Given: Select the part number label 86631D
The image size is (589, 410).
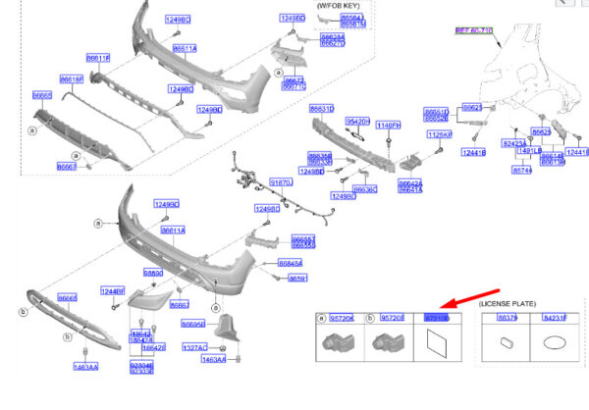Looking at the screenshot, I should (322, 109).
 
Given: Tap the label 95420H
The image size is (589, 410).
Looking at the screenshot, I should (358, 121).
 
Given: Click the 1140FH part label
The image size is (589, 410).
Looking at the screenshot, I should (389, 126).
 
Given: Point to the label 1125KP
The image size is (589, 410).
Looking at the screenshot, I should (439, 134).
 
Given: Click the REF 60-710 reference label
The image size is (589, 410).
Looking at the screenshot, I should (473, 31).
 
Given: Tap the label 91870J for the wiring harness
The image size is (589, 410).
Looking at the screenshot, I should (281, 182).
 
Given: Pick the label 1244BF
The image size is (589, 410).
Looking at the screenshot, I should (113, 290).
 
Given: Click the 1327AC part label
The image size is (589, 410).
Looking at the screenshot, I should (194, 347).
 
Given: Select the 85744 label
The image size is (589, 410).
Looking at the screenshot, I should (521, 170).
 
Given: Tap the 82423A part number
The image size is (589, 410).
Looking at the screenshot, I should (513, 142).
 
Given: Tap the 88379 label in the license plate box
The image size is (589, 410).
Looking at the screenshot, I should (507, 319).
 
